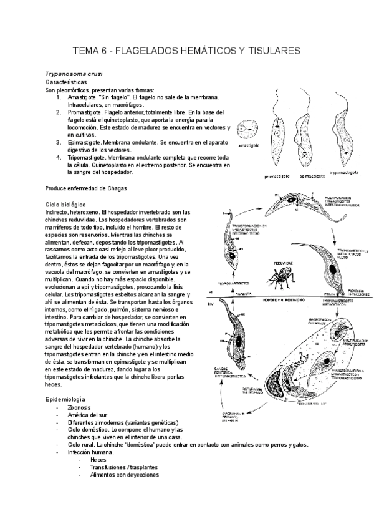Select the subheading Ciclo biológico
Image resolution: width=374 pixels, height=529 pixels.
pyautogui.click(x=65, y=205)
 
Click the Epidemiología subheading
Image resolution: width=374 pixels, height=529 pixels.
pyautogui.click(x=65, y=399)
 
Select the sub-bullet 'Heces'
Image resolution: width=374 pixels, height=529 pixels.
pyautogui.click(x=98, y=459)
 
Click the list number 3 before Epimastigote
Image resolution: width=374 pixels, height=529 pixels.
pyautogui.click(x=58, y=142)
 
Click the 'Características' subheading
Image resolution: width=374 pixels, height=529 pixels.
pyautogui.click(x=66, y=82)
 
